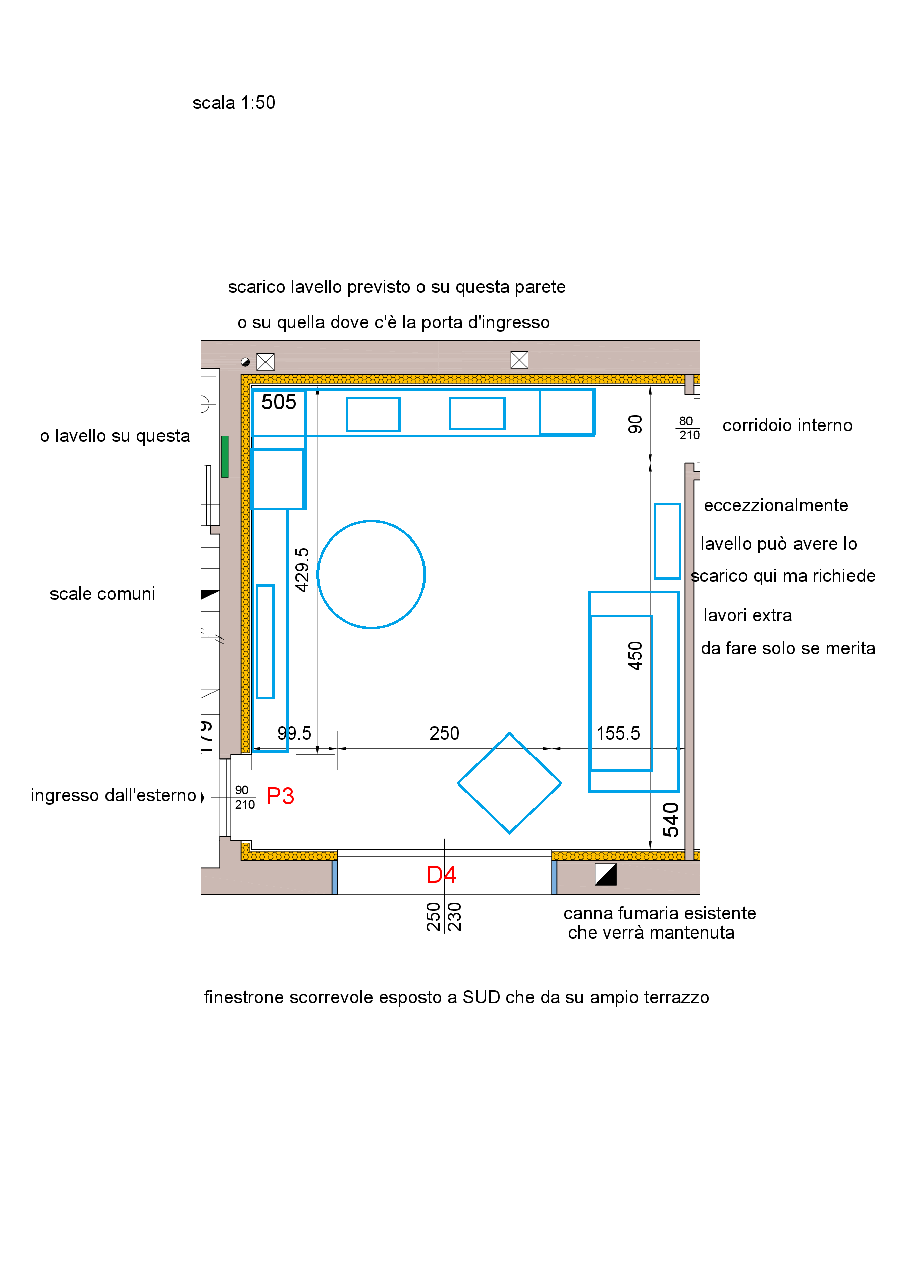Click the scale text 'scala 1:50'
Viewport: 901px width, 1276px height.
[x=234, y=103]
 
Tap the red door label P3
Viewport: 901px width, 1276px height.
[x=280, y=796]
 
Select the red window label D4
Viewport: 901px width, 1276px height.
[x=441, y=875]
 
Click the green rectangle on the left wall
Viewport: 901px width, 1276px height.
[x=225, y=457]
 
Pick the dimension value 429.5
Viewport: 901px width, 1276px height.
[x=302, y=570]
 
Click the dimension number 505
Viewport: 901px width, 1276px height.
[x=279, y=402]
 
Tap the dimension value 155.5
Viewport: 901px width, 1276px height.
[x=618, y=733]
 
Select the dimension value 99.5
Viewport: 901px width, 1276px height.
[x=294, y=733]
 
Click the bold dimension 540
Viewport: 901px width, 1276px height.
[x=671, y=820]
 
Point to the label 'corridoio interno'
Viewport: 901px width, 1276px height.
[x=787, y=426]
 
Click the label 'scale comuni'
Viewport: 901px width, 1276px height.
[x=103, y=594]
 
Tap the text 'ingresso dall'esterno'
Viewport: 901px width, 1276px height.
[x=114, y=795]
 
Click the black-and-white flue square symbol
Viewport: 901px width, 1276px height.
[x=606, y=874]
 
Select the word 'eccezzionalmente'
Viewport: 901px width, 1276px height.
[x=776, y=505]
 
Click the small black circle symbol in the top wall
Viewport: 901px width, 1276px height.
[x=245, y=362]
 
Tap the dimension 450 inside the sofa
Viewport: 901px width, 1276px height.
[x=635, y=656]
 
